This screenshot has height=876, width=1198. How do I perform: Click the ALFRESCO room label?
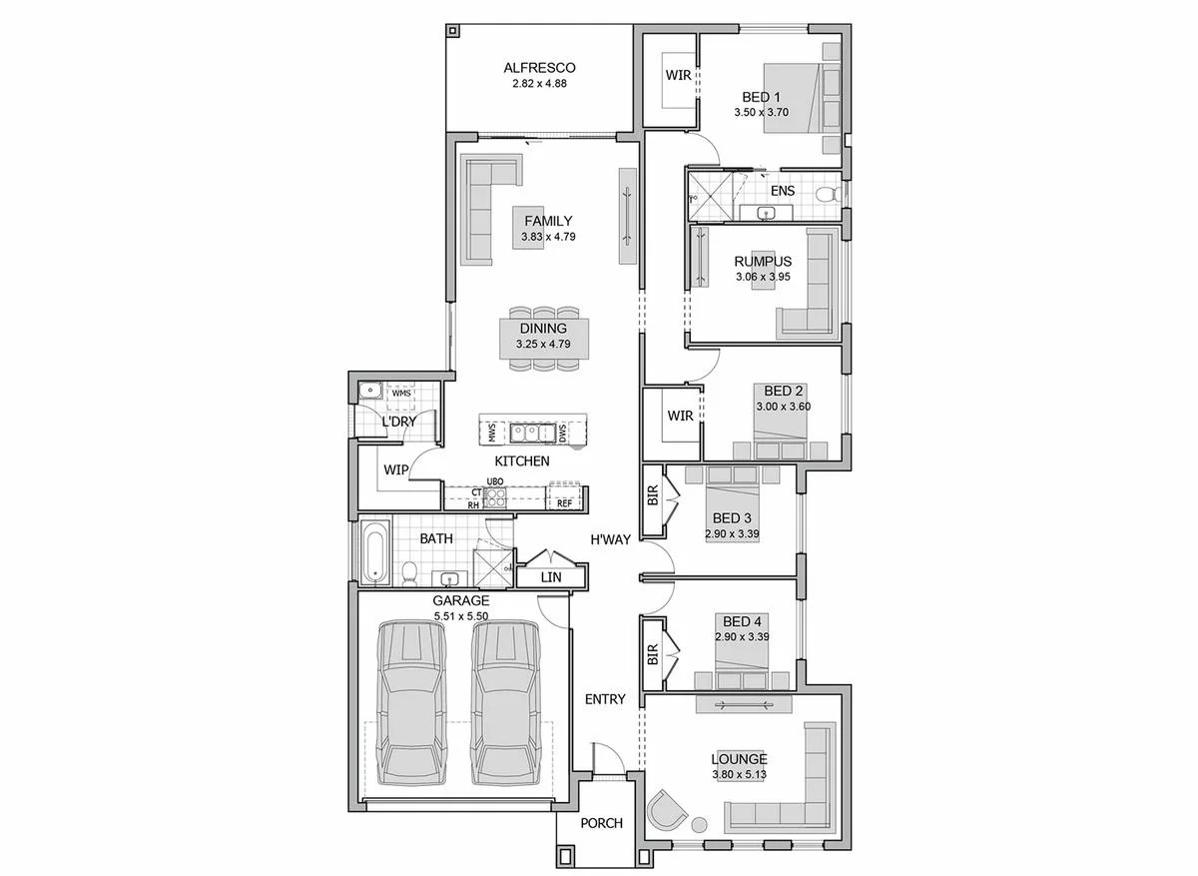pos(539,68)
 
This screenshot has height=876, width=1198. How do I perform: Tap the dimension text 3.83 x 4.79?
pos(548,237)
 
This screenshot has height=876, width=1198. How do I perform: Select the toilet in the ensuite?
pos(827,194)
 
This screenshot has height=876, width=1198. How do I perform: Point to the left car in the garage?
pos(411,702)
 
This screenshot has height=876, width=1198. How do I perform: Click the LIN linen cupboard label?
pos(551,577)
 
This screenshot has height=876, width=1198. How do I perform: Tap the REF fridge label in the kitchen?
pos(565,503)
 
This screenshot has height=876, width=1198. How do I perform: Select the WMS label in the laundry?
pos(401,394)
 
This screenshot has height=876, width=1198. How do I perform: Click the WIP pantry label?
pos(395,469)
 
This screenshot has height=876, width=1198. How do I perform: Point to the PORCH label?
pos(602,823)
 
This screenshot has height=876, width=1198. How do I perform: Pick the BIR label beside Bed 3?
pos(653,495)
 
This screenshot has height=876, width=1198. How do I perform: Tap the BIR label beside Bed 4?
pos(653,654)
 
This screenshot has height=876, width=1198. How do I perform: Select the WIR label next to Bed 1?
pos(678,76)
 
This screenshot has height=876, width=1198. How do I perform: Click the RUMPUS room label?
pos(763,261)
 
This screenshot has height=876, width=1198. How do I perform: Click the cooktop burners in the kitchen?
pos(495,498)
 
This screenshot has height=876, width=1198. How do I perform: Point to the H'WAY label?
pos(610,540)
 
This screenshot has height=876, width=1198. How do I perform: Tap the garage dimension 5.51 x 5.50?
pos(461,616)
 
